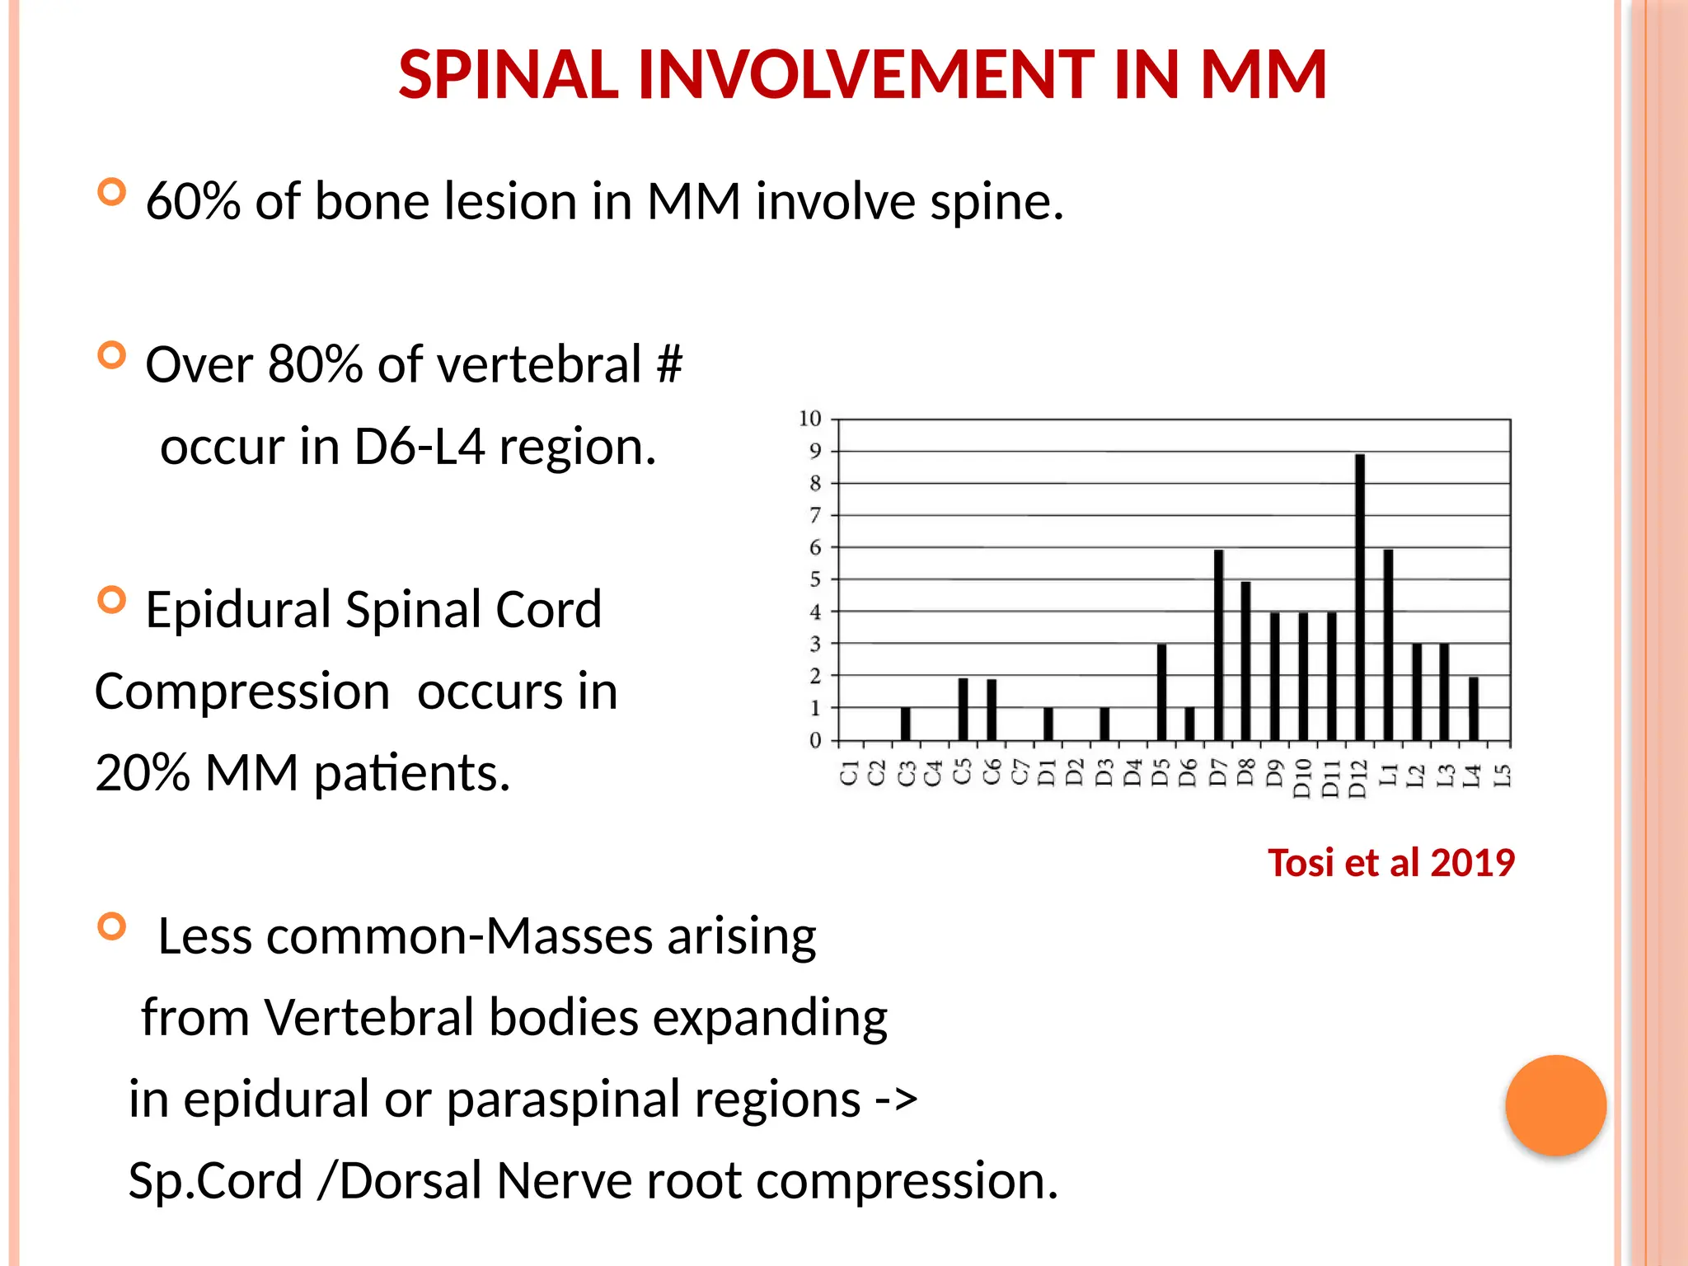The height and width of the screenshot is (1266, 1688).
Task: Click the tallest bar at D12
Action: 1360,597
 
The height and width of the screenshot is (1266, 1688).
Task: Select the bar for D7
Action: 1218,645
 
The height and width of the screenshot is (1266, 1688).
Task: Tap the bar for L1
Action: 1388,645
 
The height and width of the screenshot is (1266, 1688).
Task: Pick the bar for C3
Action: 905,724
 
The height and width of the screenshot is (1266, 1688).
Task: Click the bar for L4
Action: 1473,708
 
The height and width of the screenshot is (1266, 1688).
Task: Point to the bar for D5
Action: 1161,692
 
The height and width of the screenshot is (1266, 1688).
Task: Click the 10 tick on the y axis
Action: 810,419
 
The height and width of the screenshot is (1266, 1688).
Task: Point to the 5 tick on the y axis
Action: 814,579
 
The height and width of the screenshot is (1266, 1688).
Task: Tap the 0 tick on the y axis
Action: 814,740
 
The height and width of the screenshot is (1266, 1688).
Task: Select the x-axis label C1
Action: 849,774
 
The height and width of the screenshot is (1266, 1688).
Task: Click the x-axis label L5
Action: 1503,775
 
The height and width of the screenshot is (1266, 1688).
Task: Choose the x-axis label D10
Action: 1302,779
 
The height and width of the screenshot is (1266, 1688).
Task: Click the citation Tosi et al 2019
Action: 1390,863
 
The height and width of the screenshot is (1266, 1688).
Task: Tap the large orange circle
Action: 1555,1105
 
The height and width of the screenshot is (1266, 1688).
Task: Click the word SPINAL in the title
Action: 508,75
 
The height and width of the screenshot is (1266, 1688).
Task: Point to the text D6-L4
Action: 419,447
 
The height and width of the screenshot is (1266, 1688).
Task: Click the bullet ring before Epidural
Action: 111,599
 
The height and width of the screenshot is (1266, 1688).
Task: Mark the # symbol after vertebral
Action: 669,364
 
